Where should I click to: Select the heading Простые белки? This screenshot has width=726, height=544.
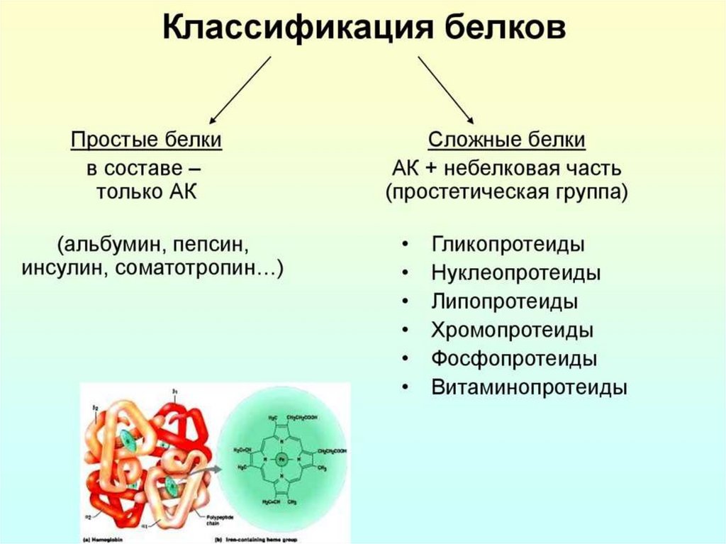(146, 140)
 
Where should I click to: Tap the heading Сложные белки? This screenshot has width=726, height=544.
(507, 140)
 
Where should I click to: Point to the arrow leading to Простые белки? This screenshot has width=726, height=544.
(240, 89)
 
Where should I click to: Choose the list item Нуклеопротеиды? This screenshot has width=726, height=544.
(515, 273)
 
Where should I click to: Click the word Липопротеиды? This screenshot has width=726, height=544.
(504, 301)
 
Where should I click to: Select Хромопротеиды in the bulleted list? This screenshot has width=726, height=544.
(512, 331)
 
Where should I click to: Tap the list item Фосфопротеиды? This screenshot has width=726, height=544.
(513, 359)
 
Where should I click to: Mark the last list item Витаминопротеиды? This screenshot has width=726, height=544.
(529, 388)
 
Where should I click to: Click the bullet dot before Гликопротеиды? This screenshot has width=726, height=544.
(404, 245)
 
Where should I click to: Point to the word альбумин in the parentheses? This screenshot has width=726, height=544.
(114, 245)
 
